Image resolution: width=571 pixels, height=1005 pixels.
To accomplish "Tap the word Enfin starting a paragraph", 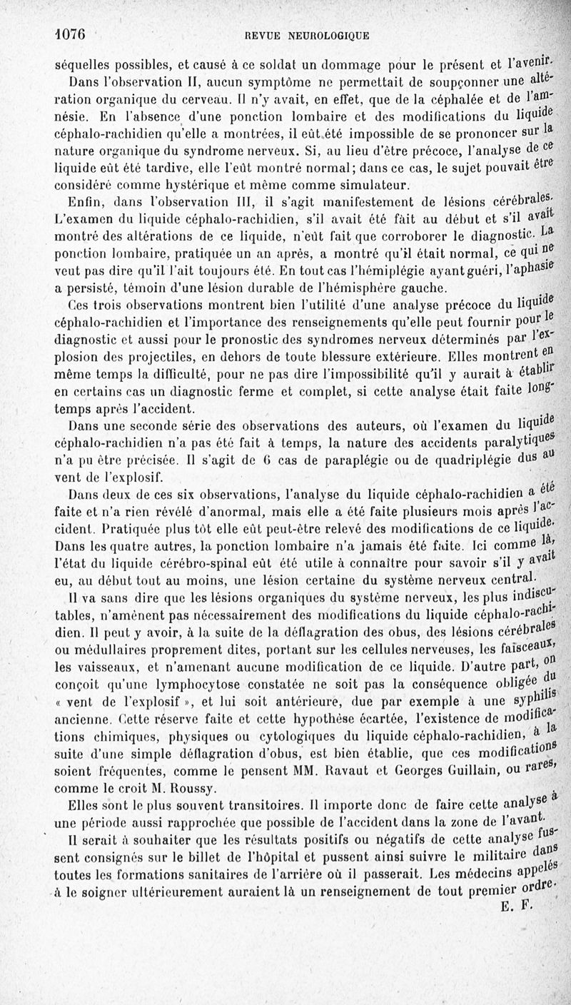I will click(82, 201).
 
